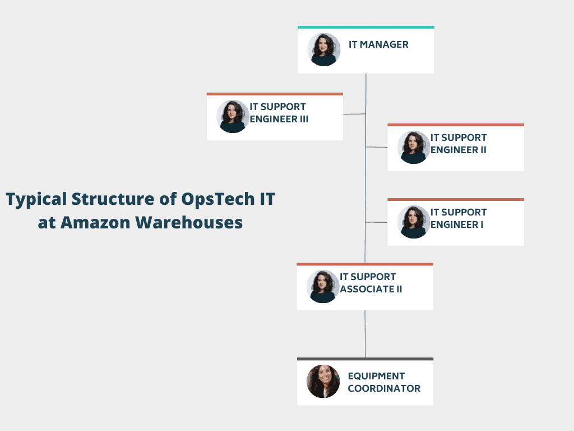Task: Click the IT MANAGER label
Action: tap(378, 44)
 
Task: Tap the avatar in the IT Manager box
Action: tap(324, 50)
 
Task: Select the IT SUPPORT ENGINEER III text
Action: tap(279, 113)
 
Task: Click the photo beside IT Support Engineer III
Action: tap(233, 117)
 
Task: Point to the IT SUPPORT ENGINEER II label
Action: tap(459, 144)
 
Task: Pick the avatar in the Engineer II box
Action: tap(414, 148)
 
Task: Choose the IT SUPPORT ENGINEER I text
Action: tap(459, 218)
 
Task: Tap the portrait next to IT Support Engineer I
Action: tap(414, 222)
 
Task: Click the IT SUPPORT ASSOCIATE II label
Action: tap(371, 283)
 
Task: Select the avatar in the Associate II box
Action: tap(323, 287)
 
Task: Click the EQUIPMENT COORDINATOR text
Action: tap(384, 382)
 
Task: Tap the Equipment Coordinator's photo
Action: tap(323, 382)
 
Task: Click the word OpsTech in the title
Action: tap(218, 200)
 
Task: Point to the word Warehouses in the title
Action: tap(189, 222)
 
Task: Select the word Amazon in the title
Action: tap(95, 222)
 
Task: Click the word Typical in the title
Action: tap(36, 200)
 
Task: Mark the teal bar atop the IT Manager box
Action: tap(366, 27)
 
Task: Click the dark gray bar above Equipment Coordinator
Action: tap(365, 359)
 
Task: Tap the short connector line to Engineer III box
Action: tap(354, 114)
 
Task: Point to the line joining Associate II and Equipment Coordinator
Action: tap(365, 334)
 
